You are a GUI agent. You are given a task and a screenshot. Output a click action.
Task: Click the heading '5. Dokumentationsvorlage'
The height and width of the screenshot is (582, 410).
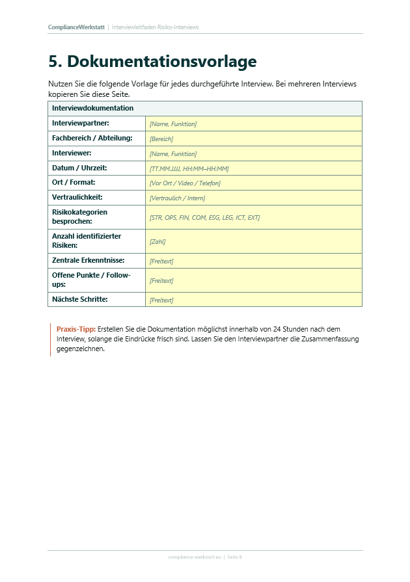point(152,62)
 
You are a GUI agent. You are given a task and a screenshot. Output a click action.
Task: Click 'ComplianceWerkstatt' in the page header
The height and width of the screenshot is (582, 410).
point(76,27)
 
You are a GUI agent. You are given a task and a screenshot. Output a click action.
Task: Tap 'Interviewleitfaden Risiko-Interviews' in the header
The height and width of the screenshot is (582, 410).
point(155,27)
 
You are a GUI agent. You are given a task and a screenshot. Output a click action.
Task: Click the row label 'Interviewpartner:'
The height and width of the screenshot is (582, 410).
point(80,123)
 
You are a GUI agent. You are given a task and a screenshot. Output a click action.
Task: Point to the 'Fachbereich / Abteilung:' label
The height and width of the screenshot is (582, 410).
point(92,138)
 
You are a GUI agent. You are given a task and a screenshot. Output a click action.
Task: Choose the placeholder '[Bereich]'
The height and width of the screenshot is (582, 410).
point(161,139)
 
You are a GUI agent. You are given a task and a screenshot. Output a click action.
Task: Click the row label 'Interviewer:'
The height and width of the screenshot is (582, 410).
point(72,153)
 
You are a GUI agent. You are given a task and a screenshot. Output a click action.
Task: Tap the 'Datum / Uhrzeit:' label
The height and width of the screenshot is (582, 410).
point(79,168)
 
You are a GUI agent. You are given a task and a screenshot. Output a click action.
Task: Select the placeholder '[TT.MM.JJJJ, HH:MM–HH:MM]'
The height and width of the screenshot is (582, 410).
point(189,169)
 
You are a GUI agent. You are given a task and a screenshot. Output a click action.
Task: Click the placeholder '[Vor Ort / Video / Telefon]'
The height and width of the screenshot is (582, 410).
point(185,183)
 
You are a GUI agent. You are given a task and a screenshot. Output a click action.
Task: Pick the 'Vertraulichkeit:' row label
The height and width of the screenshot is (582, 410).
point(77,197)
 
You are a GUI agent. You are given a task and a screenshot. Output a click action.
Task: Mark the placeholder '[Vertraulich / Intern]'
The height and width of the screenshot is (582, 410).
point(177,198)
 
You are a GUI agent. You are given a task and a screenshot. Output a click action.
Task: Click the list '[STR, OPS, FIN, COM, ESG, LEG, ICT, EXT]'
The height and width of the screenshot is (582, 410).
point(204,218)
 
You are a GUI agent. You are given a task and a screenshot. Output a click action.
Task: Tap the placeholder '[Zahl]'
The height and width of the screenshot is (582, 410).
point(157,242)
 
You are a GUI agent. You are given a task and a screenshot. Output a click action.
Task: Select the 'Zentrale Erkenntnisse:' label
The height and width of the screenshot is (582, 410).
point(88,261)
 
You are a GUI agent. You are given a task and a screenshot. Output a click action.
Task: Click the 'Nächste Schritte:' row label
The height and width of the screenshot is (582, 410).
point(80,299)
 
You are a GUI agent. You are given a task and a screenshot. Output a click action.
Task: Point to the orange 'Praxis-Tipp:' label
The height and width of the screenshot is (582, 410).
point(75,329)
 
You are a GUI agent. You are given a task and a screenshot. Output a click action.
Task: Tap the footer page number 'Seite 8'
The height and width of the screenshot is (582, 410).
point(234,557)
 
